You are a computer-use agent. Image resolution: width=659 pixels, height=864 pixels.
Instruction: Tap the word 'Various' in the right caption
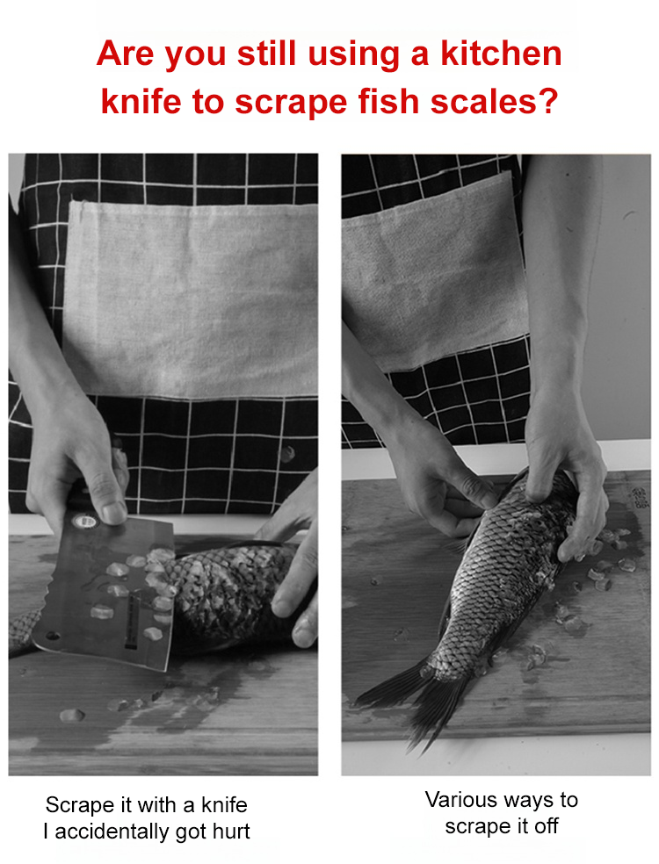[x=461, y=800]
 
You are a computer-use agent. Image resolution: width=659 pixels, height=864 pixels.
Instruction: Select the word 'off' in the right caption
[x=546, y=825]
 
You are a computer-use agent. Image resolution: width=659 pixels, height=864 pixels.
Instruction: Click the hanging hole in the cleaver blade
[x=53, y=636]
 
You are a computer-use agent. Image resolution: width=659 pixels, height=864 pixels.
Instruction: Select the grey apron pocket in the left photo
[x=192, y=299]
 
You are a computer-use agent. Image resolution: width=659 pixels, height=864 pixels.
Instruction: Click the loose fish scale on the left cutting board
[x=72, y=716]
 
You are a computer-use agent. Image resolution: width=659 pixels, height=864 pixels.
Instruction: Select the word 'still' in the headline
[x=267, y=54]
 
